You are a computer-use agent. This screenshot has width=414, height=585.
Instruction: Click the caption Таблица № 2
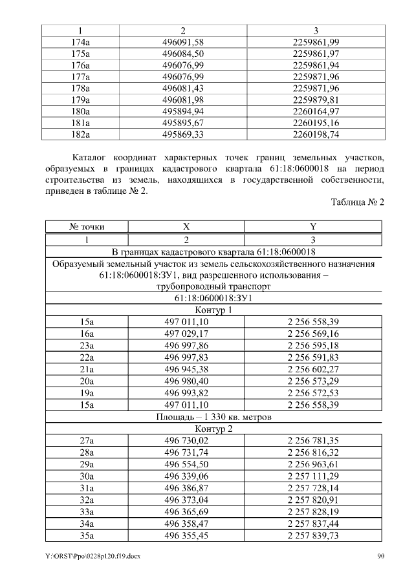pyautogui.click(x=358, y=202)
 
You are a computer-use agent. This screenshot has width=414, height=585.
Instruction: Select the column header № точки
pyautogui.click(x=87, y=227)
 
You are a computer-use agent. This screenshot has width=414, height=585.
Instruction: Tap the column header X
pyautogui.click(x=186, y=227)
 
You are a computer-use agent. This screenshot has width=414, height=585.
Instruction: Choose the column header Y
pyautogui.click(x=312, y=227)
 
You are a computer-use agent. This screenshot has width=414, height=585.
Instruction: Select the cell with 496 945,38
pyautogui.click(x=186, y=369)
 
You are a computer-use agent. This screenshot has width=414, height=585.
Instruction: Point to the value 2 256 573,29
pyautogui.click(x=313, y=381)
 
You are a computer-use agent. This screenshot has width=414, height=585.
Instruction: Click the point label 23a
pyautogui.click(x=87, y=345)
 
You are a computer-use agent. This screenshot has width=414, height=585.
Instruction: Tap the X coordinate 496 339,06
pyautogui.click(x=186, y=476)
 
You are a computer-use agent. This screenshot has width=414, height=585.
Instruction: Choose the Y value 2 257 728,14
pyautogui.click(x=313, y=488)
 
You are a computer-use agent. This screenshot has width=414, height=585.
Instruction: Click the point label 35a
pyautogui.click(x=87, y=535)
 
